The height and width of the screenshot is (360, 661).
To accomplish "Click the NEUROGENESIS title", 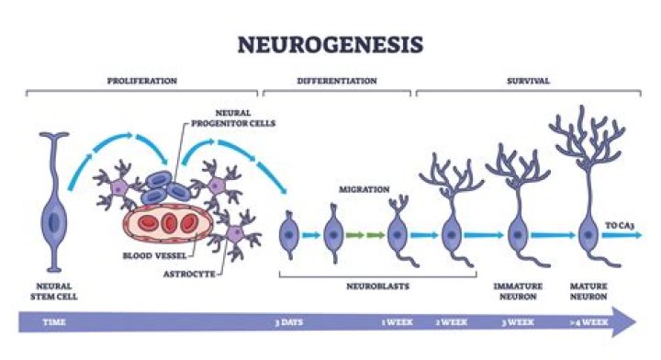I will (330, 44).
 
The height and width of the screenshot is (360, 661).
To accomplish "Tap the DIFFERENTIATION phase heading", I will (336, 81).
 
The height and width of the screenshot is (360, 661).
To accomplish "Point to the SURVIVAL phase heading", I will (529, 81).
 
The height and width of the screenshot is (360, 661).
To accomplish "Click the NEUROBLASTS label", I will (377, 285).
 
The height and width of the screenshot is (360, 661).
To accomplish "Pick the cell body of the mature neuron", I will (588, 235).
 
